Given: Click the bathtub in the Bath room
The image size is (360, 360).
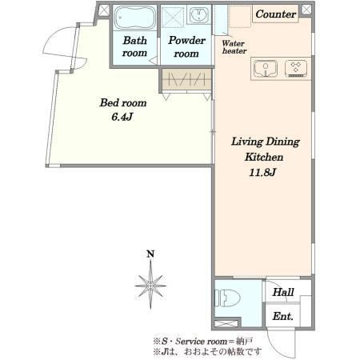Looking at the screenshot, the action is click(135, 18).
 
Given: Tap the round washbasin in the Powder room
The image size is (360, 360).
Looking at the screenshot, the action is click(199, 15).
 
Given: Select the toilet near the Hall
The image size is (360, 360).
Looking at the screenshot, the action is click(227, 298).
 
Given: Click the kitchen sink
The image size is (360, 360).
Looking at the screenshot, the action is click(266, 69).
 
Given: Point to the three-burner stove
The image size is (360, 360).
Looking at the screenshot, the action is click(296, 69).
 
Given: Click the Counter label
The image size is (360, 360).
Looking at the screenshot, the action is click(276, 14).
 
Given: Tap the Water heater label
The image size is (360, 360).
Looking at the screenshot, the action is click(234, 47).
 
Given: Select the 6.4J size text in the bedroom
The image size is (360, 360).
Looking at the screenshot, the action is click(122, 117).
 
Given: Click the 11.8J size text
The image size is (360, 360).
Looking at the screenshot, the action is click(262, 173).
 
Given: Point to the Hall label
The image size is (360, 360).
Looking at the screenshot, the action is click(283, 292).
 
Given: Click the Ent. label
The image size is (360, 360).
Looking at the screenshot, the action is click(282, 317).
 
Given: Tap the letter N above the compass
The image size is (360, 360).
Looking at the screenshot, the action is click(150, 254).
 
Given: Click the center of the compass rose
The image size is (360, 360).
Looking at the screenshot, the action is click(150, 286).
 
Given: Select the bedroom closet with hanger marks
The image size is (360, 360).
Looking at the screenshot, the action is click(186, 79).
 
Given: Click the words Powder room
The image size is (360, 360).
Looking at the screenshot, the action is click(186, 47).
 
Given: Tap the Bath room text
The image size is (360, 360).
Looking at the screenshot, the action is click(134, 46).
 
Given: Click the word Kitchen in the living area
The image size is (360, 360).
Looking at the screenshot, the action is click(264, 157).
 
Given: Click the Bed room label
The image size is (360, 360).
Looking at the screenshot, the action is click(123, 103).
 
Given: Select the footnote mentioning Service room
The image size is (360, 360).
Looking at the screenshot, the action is click(202, 341).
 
